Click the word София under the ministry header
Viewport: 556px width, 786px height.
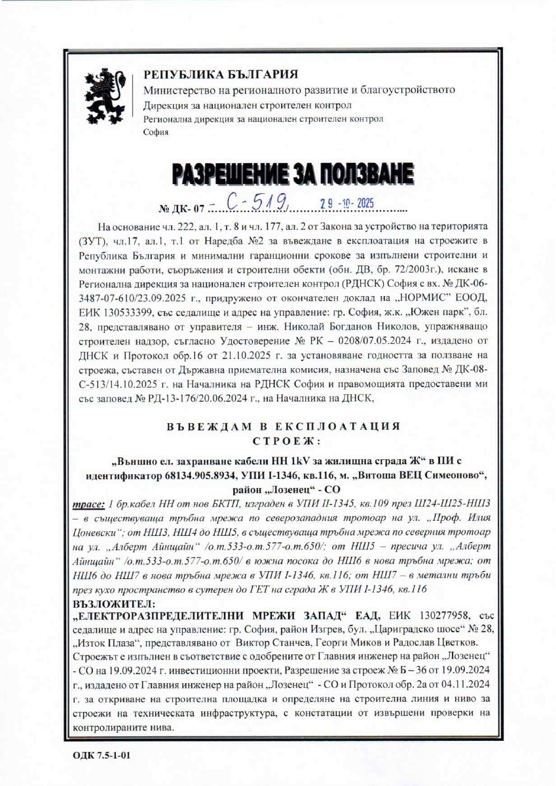pyautogui.click(x=155, y=132)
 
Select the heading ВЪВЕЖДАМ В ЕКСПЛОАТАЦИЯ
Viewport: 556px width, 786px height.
pyautogui.click(x=283, y=426)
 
